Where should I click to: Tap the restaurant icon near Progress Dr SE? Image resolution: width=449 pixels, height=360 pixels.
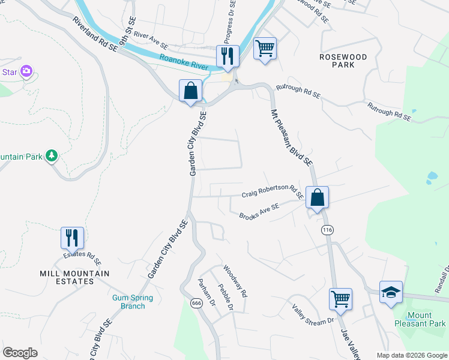[x=228, y=56]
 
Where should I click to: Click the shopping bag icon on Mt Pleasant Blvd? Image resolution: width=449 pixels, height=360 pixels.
[x=317, y=196]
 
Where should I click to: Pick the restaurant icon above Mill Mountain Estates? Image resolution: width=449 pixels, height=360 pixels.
[x=72, y=238]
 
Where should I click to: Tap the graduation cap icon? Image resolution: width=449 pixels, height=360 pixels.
[x=391, y=292]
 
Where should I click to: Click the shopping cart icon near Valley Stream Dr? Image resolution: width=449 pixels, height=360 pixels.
[x=340, y=298]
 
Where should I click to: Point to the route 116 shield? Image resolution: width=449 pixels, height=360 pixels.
[x=327, y=230]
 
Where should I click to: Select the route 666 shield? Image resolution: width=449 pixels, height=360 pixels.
[x=196, y=303]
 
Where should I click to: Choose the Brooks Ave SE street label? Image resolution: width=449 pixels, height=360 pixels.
[x=259, y=211]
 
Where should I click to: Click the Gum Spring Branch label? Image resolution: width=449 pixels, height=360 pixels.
[x=133, y=302]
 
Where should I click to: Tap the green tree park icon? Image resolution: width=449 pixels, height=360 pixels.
[x=52, y=157]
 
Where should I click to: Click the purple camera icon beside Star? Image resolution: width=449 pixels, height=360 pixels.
[x=26, y=72]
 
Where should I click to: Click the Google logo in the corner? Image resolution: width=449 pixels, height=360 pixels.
[x=20, y=353]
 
